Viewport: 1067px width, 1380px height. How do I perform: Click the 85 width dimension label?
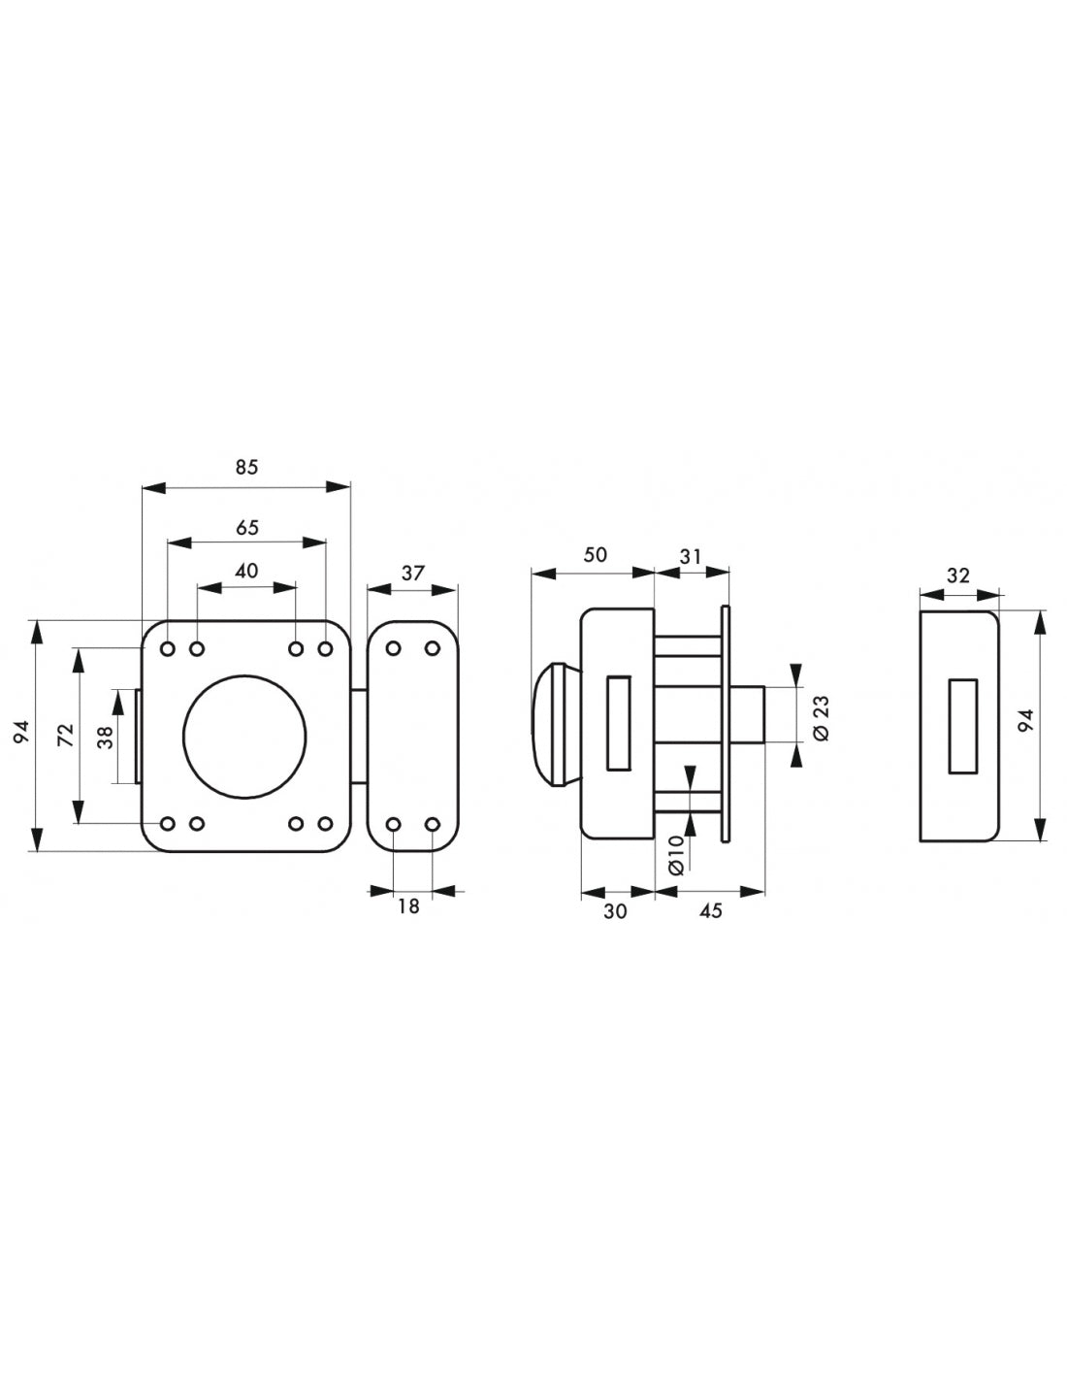point(247,468)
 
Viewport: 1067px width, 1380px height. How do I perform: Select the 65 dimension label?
point(247,528)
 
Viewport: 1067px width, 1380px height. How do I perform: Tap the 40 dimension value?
point(247,571)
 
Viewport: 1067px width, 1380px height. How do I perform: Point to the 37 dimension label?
point(412,574)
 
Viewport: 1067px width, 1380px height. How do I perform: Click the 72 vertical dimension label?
point(67,735)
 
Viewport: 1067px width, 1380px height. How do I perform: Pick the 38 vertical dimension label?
point(106,737)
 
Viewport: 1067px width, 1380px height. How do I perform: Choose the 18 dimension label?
point(408,906)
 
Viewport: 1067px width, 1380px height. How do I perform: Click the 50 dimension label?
point(595,555)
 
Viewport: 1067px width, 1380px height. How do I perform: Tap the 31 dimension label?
point(690,557)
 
